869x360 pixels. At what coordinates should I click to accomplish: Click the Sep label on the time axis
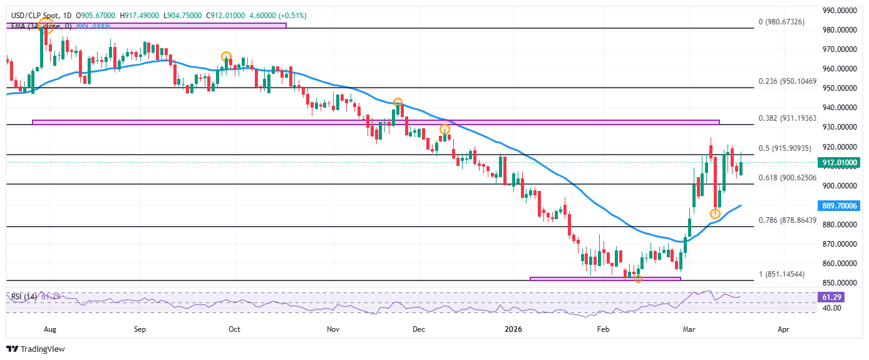[x=140, y=328]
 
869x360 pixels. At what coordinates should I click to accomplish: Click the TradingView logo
[x=36, y=349]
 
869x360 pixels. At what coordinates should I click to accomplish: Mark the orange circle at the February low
[x=638, y=278]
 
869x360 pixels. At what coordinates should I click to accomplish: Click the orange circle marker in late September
[x=226, y=57]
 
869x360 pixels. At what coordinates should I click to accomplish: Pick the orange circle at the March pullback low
[x=715, y=213]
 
